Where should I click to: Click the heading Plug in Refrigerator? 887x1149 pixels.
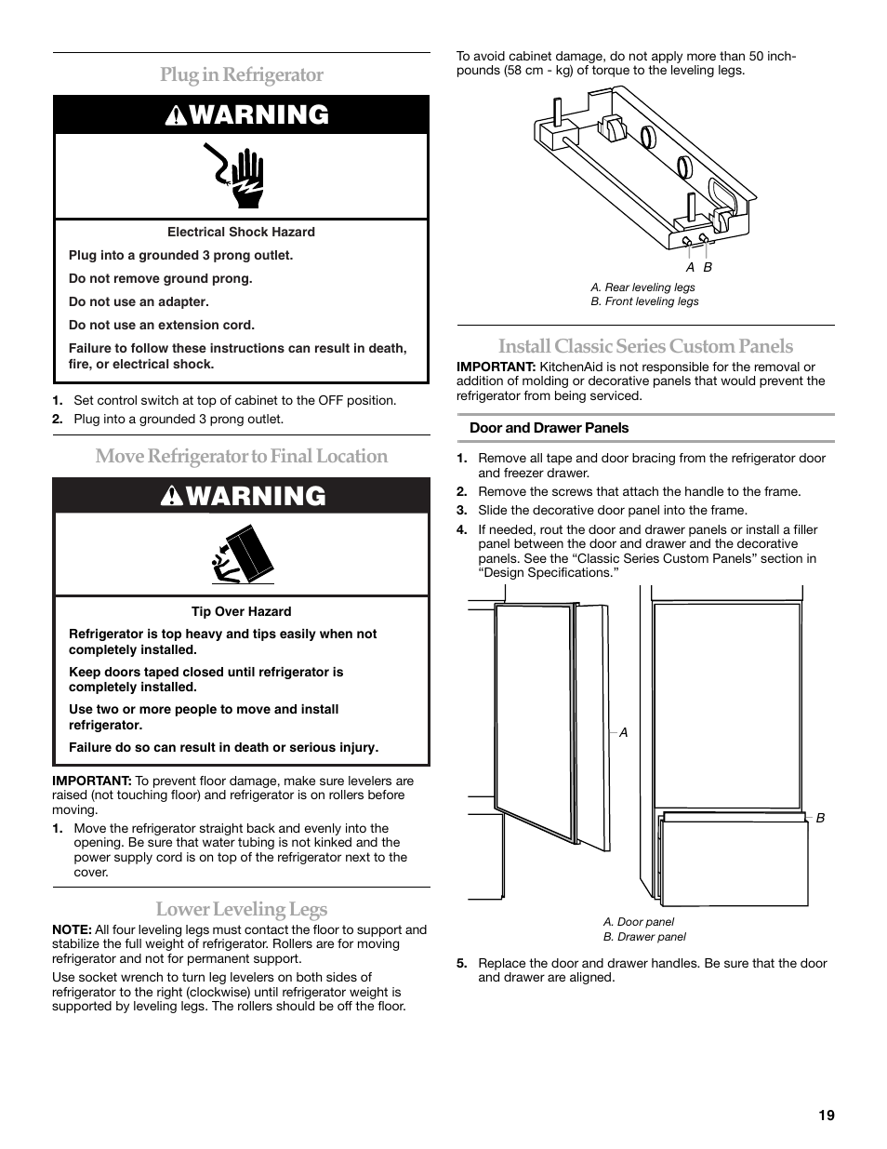(242, 74)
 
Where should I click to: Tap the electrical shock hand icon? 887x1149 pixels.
(241, 176)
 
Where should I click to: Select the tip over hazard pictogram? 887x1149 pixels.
(241, 555)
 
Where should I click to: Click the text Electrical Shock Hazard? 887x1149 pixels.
(241, 233)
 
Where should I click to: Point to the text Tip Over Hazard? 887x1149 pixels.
(241, 612)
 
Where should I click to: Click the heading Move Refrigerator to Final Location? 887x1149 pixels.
(242, 456)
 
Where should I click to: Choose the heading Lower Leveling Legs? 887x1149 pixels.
(242, 909)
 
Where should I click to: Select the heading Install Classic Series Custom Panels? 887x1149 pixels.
(645, 346)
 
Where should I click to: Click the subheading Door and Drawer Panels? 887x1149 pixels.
(549, 428)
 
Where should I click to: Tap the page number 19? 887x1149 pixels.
(827, 1116)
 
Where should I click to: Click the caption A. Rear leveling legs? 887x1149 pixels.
(642, 287)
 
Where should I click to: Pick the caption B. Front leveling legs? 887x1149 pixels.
(644, 301)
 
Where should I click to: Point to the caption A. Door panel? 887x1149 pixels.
(639, 922)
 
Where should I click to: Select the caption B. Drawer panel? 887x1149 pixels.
(644, 937)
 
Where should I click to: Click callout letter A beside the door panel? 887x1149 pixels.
(624, 733)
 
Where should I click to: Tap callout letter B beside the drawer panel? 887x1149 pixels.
(820, 818)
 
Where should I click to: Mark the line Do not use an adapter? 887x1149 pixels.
(139, 302)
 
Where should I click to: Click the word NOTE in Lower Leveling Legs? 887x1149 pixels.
(71, 929)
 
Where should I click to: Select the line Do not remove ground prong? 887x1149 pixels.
(160, 279)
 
